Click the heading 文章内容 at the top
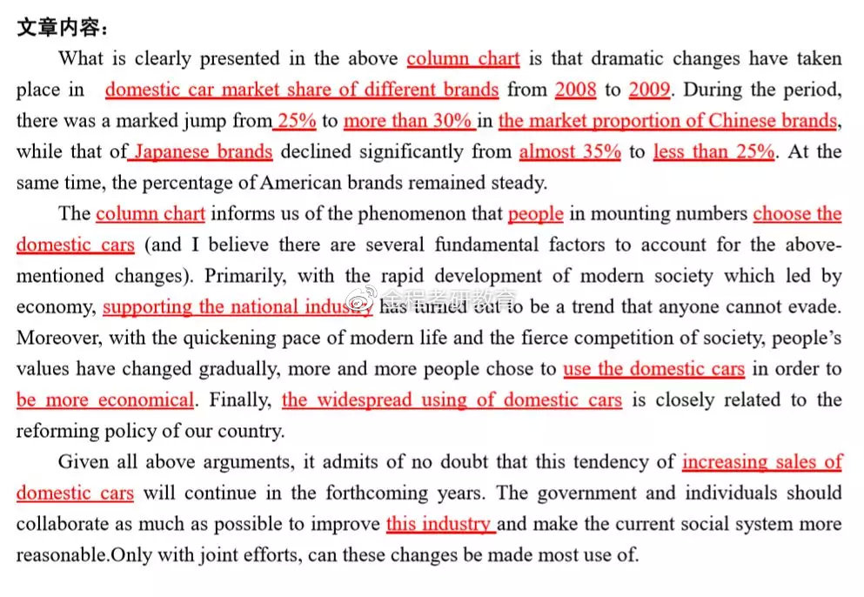(x=61, y=28)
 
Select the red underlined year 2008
(x=575, y=90)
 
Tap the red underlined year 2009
(x=649, y=90)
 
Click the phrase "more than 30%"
(x=407, y=121)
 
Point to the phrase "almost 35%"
(x=570, y=151)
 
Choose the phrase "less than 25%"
(x=713, y=151)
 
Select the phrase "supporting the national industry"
(x=237, y=307)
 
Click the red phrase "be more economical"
(x=105, y=400)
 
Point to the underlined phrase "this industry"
(x=439, y=525)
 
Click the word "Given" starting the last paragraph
(x=84, y=462)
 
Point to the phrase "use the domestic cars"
(x=653, y=369)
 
